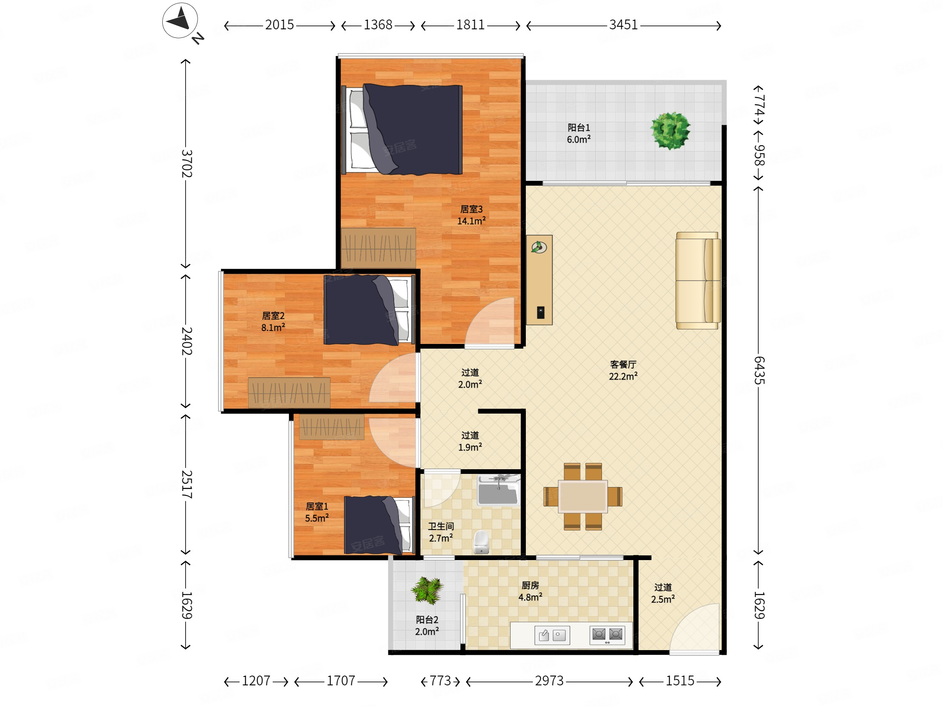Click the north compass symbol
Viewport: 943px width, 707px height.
180,20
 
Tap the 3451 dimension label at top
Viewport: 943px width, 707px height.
623,25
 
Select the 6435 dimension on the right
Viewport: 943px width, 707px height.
759,370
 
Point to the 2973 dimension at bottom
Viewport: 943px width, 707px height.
549,681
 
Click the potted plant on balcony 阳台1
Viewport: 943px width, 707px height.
670,130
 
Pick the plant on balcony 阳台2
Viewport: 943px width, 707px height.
427,590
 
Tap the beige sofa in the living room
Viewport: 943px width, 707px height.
698,280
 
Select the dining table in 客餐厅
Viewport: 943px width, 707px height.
583,496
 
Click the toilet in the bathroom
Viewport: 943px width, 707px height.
481,542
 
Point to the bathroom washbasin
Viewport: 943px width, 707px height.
498,490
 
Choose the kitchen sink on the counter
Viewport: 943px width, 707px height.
552,635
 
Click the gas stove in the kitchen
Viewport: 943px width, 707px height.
607,635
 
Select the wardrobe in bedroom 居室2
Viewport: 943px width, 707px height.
289,392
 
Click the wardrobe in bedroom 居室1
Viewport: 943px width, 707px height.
332,427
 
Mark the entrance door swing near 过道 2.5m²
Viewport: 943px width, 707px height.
695,628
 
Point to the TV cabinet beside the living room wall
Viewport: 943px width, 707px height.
539,280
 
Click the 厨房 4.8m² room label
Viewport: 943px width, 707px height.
530,591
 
